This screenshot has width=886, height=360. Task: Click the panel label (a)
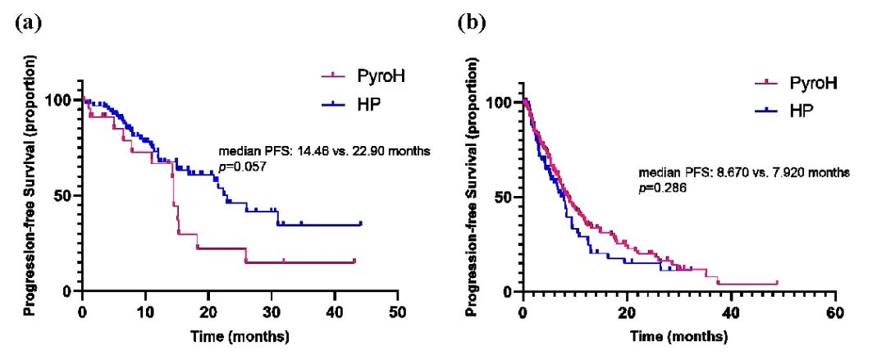pos(28,22)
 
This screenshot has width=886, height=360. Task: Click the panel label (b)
pos(470,22)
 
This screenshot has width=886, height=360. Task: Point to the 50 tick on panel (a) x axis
pos(398,312)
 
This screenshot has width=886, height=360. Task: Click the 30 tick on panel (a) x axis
pos(272,312)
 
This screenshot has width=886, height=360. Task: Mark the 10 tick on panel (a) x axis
pos(145,312)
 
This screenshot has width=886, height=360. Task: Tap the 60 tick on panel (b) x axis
pos(834,313)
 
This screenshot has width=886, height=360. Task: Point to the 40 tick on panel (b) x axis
pos(730,313)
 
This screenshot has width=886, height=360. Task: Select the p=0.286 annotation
pos(662,187)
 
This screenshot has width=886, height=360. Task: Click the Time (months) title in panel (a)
pos(239,335)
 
